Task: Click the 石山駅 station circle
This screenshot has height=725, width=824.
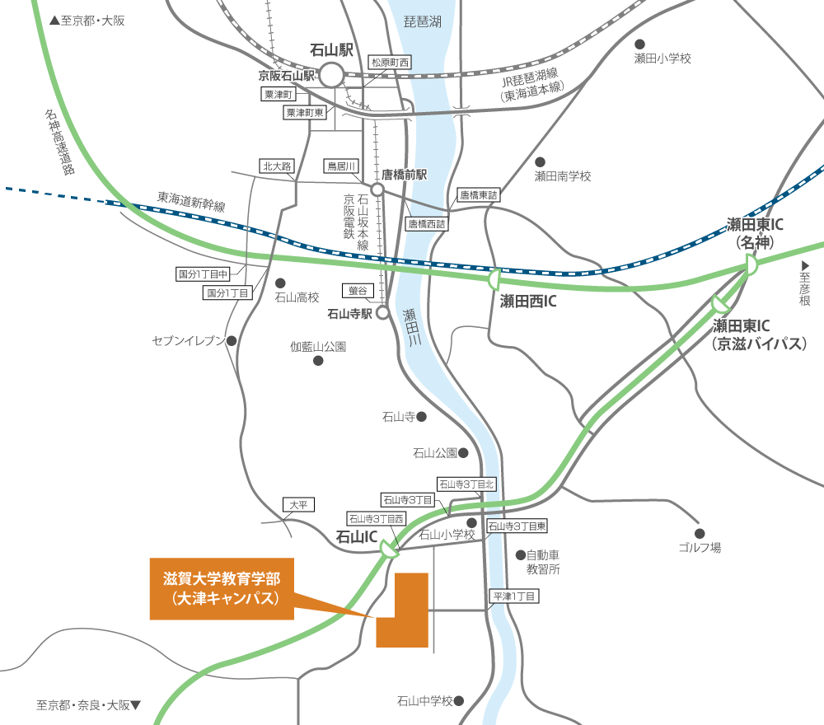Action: pos(331,76)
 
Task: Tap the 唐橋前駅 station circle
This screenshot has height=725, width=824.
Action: pos(377,189)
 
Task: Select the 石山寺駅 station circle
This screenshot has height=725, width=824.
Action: pos(382,313)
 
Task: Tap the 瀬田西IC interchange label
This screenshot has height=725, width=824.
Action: pos(528,302)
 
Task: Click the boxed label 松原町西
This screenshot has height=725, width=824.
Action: pos(390,63)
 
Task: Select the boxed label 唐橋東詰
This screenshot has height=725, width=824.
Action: pos(479,195)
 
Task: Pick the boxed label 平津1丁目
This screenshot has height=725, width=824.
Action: pos(513,596)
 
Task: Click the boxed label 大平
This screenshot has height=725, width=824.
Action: pos(298,505)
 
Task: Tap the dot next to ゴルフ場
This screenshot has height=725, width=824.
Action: pos(700,532)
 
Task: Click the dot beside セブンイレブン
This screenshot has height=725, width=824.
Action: pos(232,340)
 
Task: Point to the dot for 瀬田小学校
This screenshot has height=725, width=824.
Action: pos(639,44)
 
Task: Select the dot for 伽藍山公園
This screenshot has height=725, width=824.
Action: pos(318,360)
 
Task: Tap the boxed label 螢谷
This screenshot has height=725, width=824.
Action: pos(358,291)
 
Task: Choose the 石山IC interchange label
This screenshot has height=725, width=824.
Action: pos(357,537)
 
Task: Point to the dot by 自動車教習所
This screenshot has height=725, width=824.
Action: pos(520,554)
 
